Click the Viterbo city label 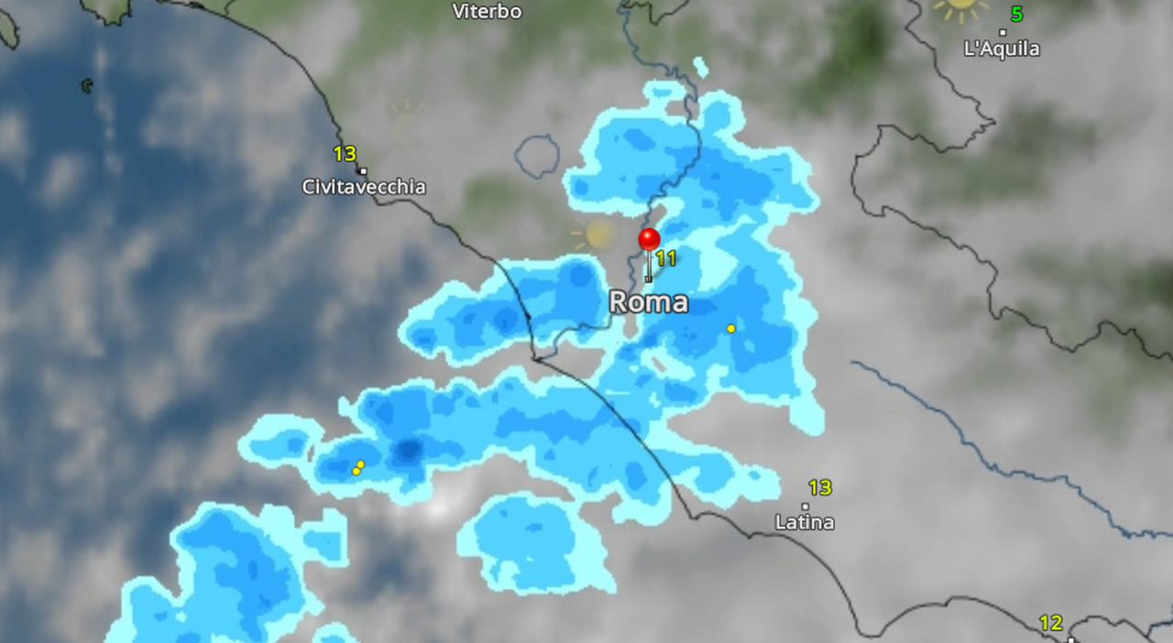pos(488,12)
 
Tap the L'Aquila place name pos(1002,49)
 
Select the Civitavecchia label pos(364,187)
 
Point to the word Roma pos(649,302)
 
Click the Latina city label pos(805,522)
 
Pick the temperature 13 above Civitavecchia pos(345,154)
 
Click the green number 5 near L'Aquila pos(1016,14)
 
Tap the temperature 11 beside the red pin pos(666,258)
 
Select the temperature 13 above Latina pos(819,487)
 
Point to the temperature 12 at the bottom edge pos(1051,623)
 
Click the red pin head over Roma pos(649,240)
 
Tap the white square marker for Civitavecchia pos(362,170)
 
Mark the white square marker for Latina pos(806,506)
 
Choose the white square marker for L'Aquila pos(1003,32)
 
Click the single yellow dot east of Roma pos(730,328)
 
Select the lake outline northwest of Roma pos(537,156)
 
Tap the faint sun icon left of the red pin pos(597,234)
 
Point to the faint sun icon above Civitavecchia pos(405,124)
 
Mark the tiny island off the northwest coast pos(86,86)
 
